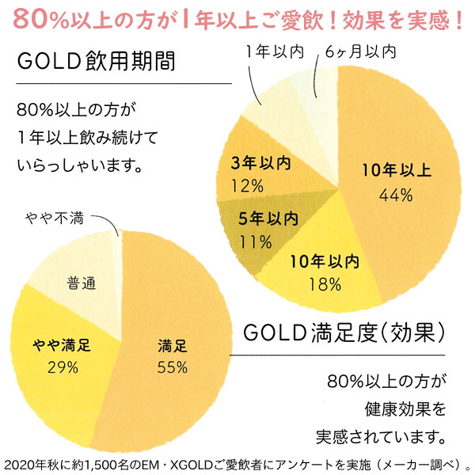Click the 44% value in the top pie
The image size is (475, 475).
pos(396,194)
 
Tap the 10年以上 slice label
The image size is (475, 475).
pos(396,169)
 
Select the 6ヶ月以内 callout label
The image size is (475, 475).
pos(360,53)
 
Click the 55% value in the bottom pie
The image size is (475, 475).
pos(172,367)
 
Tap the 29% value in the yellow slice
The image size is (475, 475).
pos(62,367)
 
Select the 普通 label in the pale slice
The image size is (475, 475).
pos(78,283)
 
